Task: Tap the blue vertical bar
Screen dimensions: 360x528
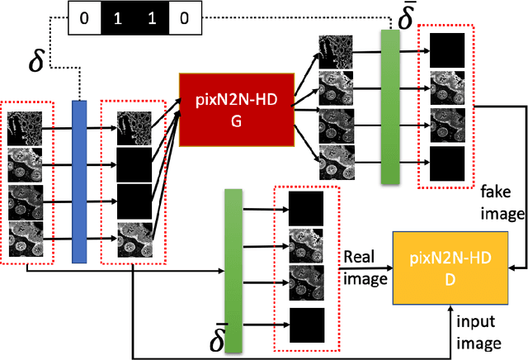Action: [79, 182]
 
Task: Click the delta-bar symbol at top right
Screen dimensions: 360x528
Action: [405, 19]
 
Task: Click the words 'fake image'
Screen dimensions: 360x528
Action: [502, 203]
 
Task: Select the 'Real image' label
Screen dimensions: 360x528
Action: [365, 268]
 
